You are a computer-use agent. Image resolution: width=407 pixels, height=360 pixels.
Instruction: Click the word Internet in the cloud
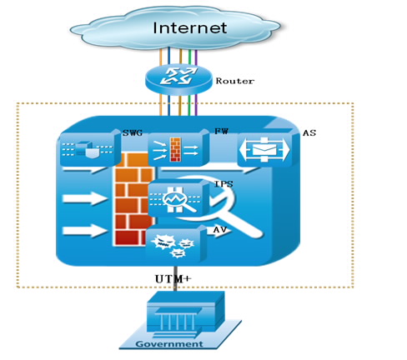[x=190, y=27]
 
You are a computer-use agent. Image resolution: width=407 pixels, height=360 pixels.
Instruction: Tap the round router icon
[x=178, y=79]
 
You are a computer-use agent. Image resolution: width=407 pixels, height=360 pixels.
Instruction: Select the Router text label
[x=235, y=81]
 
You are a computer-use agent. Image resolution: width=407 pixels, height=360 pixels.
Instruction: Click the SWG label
[x=133, y=133]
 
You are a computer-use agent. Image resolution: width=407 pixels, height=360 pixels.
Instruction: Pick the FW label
[x=221, y=131]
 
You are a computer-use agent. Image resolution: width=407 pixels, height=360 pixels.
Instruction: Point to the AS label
[x=309, y=132]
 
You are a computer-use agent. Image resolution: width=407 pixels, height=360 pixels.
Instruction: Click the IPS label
[x=224, y=184]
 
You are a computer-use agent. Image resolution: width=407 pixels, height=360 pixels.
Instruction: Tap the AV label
[x=220, y=230]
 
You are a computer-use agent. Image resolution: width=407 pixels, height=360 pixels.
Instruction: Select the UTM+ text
[x=173, y=279]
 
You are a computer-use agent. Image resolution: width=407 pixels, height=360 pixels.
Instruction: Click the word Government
[x=169, y=344]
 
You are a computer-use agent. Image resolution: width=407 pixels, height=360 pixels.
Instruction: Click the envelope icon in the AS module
[x=264, y=150]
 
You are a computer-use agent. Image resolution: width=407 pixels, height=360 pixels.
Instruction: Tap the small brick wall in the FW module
[x=175, y=149]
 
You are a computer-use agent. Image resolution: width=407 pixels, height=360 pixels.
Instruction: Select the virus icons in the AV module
[x=173, y=245]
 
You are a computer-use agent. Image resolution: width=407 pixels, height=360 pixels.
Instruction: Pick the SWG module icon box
[x=89, y=148]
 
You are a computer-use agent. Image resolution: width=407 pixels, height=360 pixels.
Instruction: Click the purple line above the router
[x=196, y=57]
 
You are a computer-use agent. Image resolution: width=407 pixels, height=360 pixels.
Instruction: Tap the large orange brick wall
[x=133, y=199]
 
